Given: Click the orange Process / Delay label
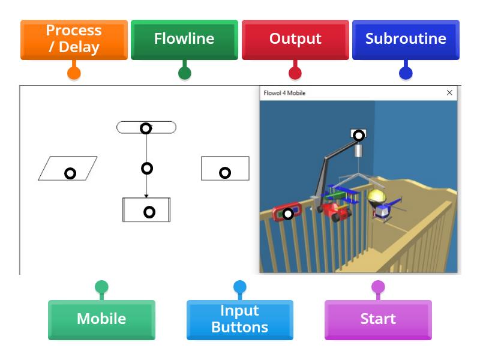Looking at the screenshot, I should (x=74, y=40).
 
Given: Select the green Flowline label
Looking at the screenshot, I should (x=184, y=40).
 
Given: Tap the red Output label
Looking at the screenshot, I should (x=295, y=40).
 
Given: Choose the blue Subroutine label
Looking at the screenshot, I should (x=406, y=40).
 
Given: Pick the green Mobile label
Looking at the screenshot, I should (x=101, y=319).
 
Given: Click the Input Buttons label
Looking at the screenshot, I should (x=240, y=319).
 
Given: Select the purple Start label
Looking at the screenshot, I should (x=378, y=319).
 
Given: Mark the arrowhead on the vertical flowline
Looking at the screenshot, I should (x=146, y=195).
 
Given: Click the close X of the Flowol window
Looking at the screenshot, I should (x=449, y=93).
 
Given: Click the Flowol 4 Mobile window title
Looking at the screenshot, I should (x=285, y=93).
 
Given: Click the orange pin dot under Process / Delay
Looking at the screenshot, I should (x=74, y=73).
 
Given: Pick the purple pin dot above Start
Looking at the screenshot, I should (x=378, y=287).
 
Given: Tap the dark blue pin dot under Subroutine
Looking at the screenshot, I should (x=406, y=73).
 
